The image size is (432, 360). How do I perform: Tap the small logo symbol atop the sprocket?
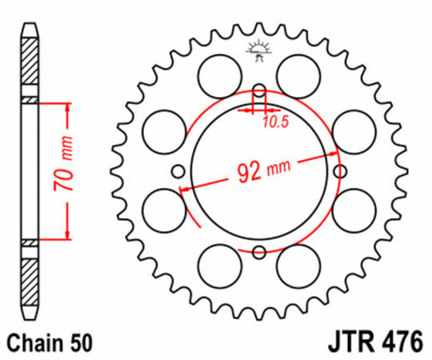point(258,49)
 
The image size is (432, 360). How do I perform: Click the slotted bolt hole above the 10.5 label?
point(258,94)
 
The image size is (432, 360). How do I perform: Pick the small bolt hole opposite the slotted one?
point(258,254)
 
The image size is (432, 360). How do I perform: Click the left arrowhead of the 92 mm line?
point(186,189)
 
